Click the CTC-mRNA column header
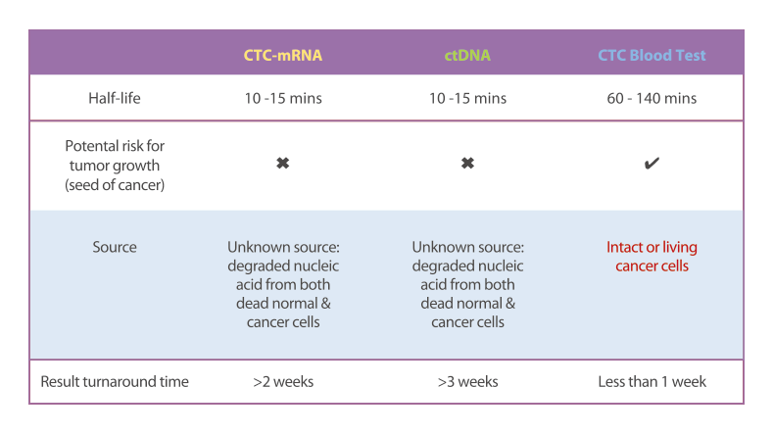[283, 55]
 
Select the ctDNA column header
[467, 55]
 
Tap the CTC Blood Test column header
[652, 55]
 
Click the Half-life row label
[115, 98]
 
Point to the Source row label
[115, 247]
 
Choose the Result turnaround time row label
[115, 382]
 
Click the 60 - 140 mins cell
[652, 98]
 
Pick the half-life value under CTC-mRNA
[283, 98]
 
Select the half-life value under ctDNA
[467, 98]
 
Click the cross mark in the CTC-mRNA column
[282, 163]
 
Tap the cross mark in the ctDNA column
[467, 163]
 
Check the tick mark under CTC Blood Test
[652, 163]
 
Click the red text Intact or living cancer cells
[652, 257]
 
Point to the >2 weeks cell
[283, 382]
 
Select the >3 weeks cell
[467, 382]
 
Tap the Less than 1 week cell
[652, 382]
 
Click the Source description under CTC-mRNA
[283, 284]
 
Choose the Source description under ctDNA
[467, 284]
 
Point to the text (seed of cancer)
[115, 185]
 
